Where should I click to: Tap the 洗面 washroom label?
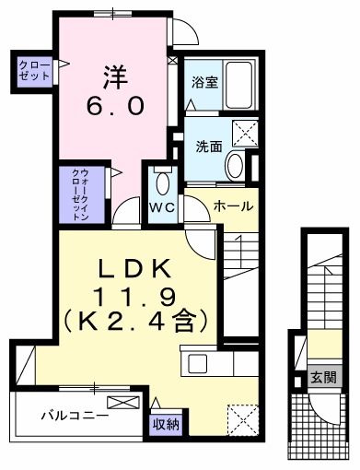208,146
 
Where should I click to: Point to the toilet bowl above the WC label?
162,178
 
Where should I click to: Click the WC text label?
162,207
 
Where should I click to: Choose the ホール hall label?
233,206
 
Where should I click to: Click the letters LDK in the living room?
134,269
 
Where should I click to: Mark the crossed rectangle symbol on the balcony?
122,402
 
